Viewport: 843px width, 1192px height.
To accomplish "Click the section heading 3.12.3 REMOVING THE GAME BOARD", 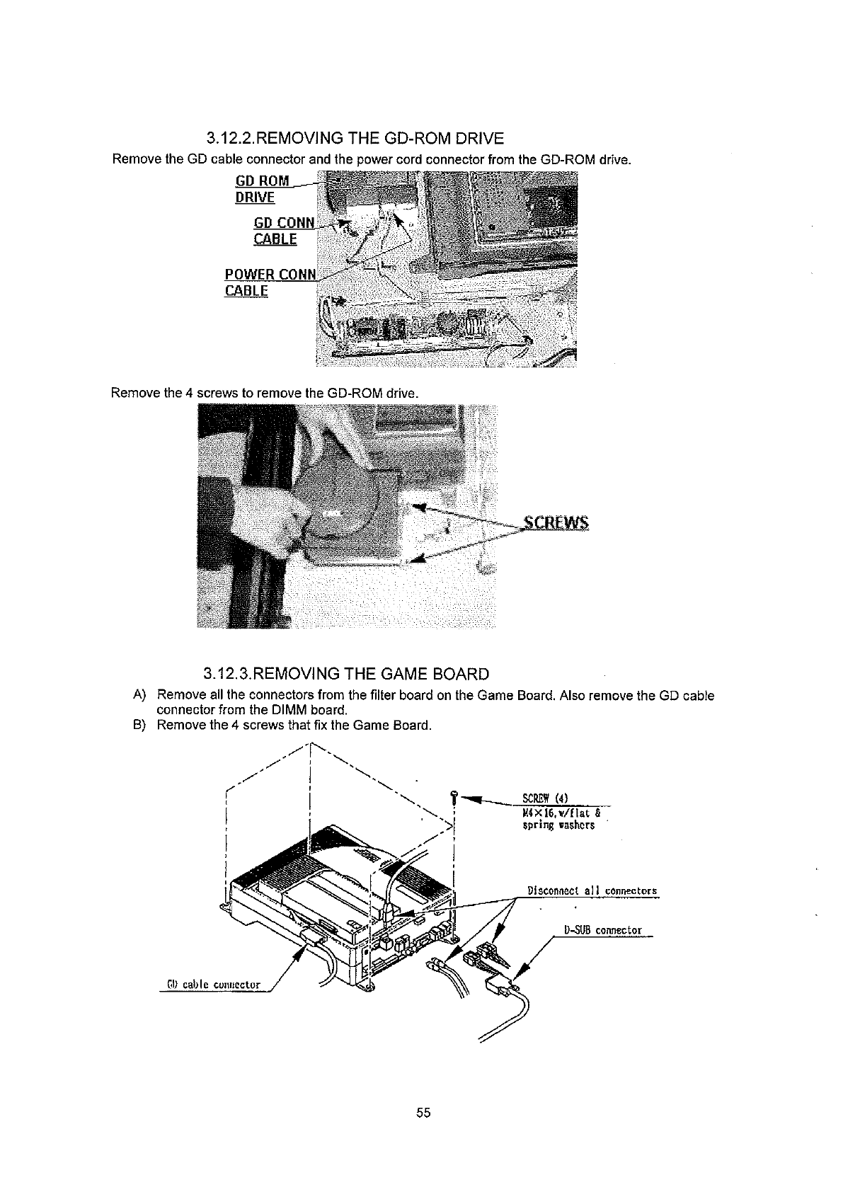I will point(345,673).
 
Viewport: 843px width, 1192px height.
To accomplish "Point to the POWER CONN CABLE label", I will point(269,282).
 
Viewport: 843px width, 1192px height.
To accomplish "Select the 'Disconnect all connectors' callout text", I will point(592,890).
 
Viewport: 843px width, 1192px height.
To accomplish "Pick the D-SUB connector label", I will point(603,930).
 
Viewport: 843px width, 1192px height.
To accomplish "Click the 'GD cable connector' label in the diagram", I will point(213,985).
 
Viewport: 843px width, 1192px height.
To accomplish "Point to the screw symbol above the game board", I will point(454,796).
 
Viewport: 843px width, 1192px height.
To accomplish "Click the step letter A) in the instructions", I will point(139,696).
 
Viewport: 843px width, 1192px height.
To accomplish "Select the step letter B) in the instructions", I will point(139,725).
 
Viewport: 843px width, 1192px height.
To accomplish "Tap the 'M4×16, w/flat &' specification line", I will point(557,814).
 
